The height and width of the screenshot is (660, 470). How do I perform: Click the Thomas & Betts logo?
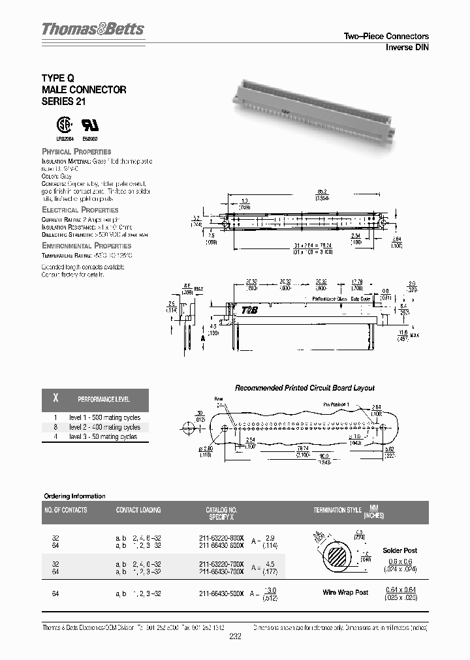point(93,29)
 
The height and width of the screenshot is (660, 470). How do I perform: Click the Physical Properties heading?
point(76,151)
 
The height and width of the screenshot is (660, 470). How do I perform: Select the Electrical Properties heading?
point(80,210)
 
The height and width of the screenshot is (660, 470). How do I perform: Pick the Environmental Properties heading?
point(86,245)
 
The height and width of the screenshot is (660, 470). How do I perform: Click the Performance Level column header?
point(104,399)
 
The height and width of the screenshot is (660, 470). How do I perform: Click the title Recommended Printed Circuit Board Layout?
point(304,387)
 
